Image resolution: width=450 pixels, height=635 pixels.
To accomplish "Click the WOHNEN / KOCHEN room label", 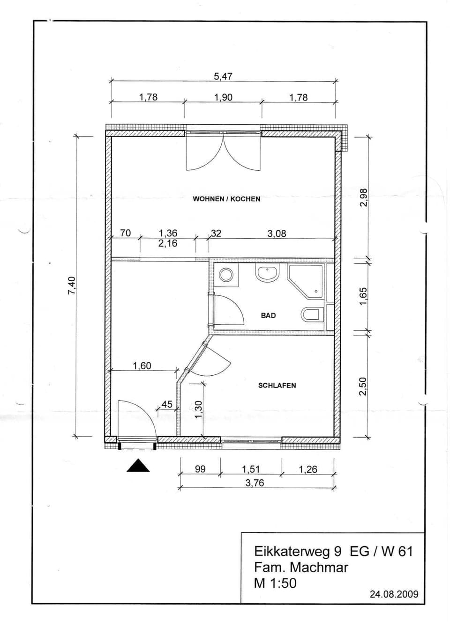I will (x=226, y=199).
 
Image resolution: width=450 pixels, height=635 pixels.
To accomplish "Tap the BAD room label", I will (x=268, y=315).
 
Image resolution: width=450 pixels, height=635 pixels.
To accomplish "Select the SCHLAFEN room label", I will (x=277, y=386).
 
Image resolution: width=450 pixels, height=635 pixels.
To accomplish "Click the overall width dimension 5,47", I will (x=223, y=76).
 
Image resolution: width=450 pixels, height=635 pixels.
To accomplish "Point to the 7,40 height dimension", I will (x=71, y=285).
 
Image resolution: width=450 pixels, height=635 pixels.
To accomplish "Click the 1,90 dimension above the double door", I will (x=223, y=97).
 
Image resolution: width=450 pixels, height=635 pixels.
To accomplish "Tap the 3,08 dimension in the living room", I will (x=277, y=234).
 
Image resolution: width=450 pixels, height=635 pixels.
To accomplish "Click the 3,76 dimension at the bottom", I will (x=255, y=483).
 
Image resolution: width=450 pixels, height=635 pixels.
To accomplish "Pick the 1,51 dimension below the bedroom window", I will (x=251, y=469).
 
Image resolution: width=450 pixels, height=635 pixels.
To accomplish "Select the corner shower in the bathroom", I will (x=306, y=281).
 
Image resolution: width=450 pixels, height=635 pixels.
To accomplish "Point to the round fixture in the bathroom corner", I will (x=226, y=275).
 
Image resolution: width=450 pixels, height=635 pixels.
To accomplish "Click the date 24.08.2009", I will (x=394, y=594).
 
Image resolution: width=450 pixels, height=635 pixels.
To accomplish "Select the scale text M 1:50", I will (x=275, y=583).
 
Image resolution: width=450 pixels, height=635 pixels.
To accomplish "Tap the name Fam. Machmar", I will (x=301, y=567).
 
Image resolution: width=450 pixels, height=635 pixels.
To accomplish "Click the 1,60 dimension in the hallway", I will (x=142, y=366).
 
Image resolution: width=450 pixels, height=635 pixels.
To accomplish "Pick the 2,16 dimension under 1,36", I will (x=168, y=243).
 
